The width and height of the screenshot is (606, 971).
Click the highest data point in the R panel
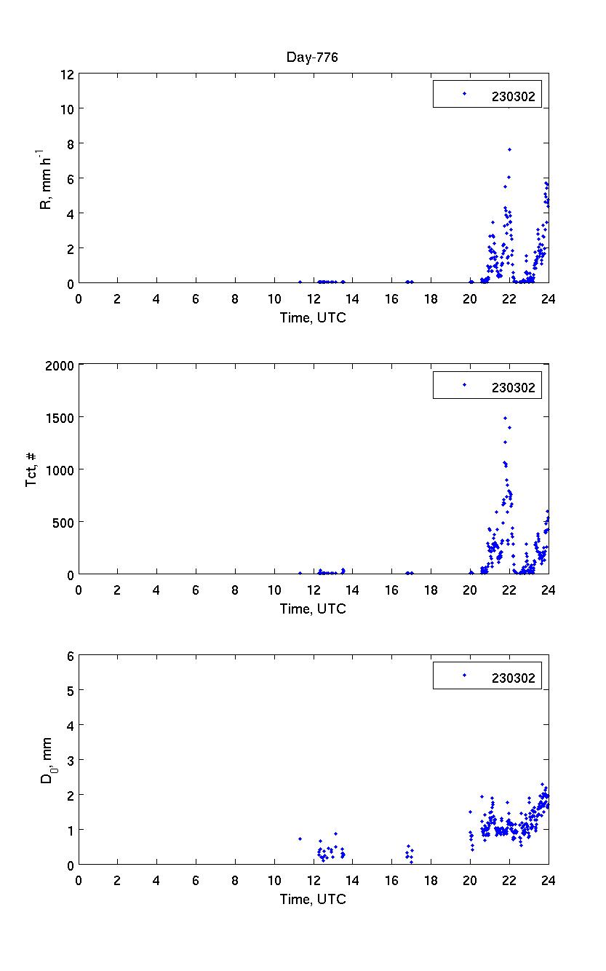coord(509,149)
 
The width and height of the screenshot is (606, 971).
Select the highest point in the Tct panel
coord(505,418)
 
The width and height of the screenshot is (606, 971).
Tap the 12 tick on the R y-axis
coord(68,74)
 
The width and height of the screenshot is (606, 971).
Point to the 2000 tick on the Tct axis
coord(60,365)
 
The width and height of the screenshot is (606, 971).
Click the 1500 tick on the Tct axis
coord(60,417)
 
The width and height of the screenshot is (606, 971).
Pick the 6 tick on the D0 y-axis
coord(71,655)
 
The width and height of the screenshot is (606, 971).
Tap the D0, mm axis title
coord(47,759)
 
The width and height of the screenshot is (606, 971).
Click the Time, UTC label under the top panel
coord(313,317)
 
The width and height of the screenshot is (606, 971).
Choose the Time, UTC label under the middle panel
coord(313,609)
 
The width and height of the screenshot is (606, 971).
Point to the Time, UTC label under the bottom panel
coord(313,899)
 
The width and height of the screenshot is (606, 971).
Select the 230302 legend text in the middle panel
coord(513,387)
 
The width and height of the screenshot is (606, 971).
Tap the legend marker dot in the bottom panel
coord(464,675)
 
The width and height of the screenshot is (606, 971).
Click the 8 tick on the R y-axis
coord(71,143)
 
